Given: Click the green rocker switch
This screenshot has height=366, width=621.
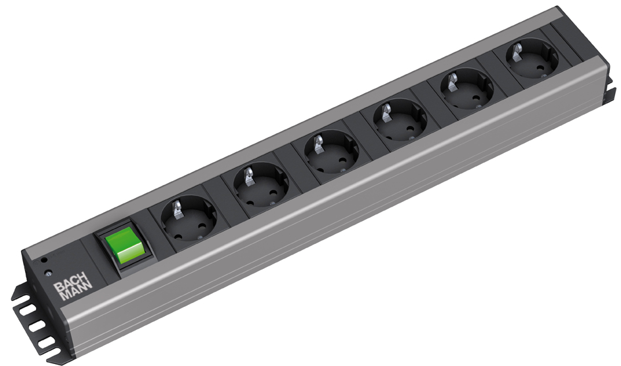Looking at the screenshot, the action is pos(124,248).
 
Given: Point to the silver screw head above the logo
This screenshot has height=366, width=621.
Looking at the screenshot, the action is pos(49,272).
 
